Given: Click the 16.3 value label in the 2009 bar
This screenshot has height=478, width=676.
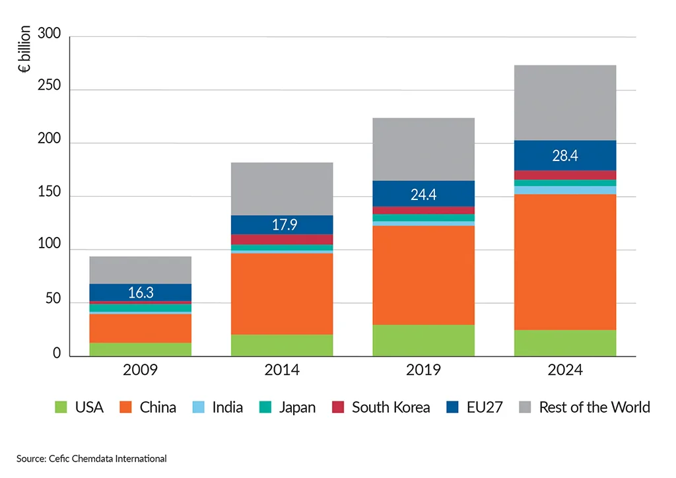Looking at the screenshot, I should pos(140,292).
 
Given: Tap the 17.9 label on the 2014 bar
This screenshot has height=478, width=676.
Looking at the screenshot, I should pos(282,224).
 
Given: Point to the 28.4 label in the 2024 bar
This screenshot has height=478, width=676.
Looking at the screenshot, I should pos(564,155).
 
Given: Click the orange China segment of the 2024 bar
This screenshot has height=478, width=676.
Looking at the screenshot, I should pos(564,261).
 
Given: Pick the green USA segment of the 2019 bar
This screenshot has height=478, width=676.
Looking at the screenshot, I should pos(423,340).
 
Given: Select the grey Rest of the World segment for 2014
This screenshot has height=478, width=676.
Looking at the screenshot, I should pos(282,189).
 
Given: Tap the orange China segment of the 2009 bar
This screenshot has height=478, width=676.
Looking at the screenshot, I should pos(140,327).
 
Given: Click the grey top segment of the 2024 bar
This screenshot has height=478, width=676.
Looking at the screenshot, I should pos(564,102).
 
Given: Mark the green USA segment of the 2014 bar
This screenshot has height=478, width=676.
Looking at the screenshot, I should pos(282,345).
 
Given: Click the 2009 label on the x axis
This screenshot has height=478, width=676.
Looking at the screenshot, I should pos(140,370).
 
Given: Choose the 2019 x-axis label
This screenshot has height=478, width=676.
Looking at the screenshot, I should pos(423,370).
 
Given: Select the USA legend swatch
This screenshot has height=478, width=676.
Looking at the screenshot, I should pos(61,407).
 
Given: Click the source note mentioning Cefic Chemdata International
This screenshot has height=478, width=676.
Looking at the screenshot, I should pos(92,458).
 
